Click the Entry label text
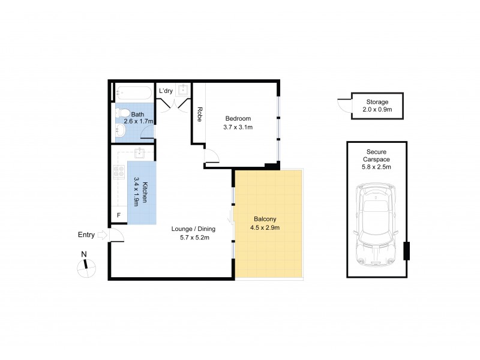[x=86, y=235]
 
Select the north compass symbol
[x=86, y=268]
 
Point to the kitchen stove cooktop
[x=118, y=172]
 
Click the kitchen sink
[x=139, y=152]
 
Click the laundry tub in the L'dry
[x=183, y=91]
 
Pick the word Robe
[x=199, y=114]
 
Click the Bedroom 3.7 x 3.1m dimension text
[x=238, y=127]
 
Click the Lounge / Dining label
[x=193, y=229]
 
